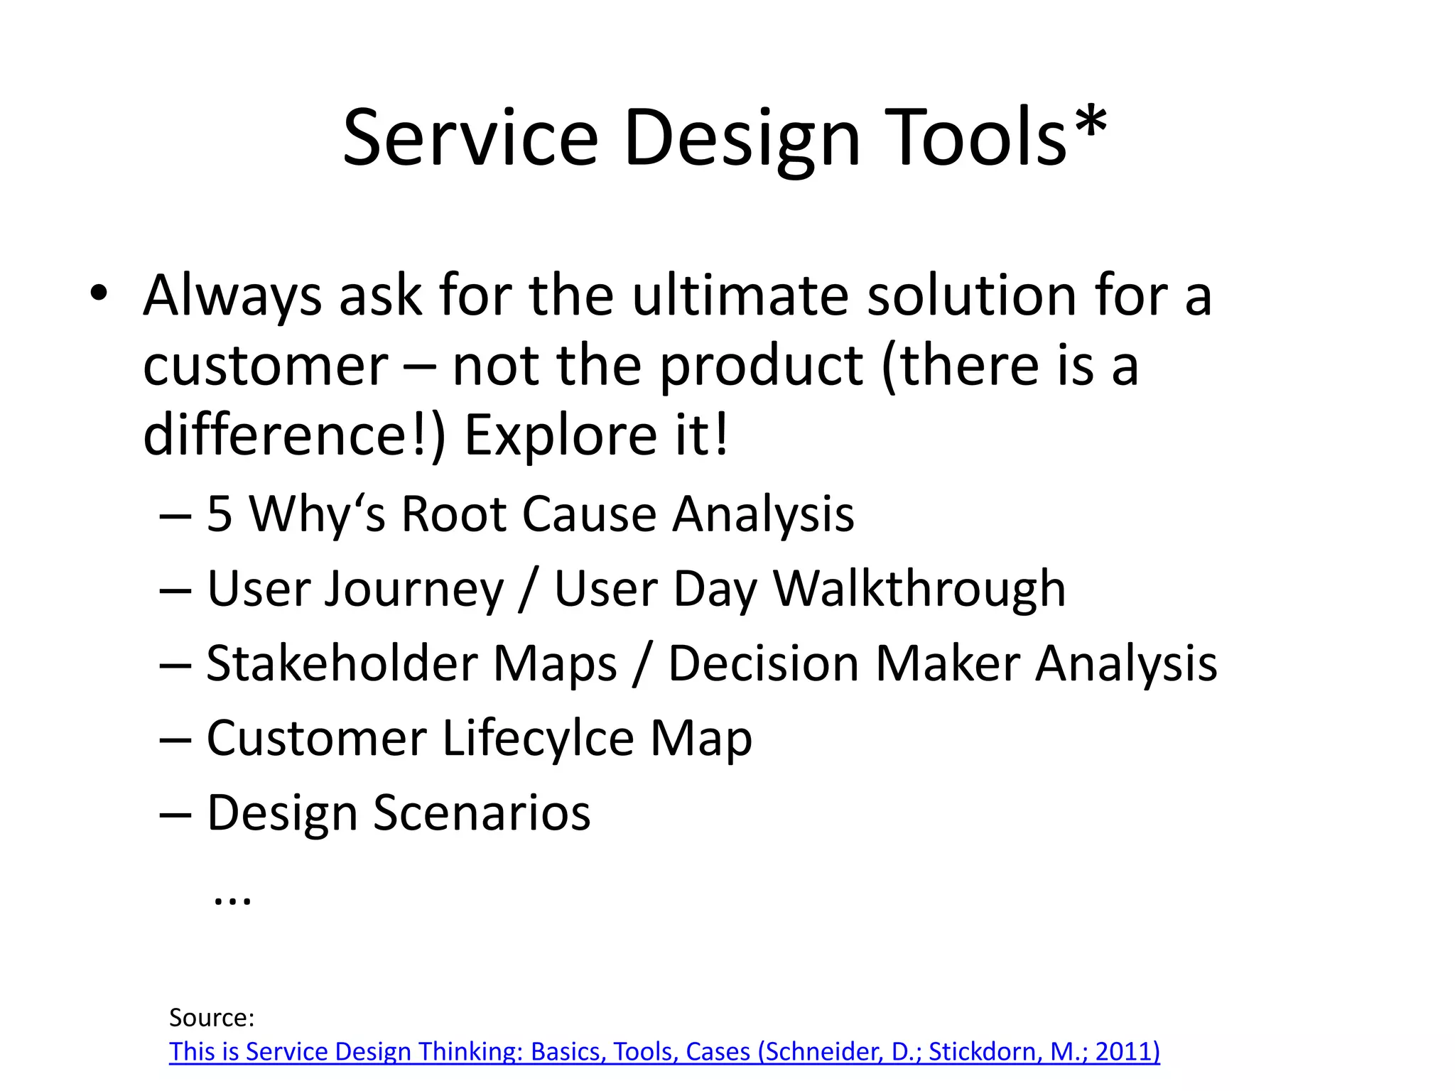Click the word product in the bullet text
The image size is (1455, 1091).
761,368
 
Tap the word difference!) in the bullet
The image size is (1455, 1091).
294,435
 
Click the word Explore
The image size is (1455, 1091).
561,436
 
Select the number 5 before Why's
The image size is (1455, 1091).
220,514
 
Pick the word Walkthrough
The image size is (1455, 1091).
919,590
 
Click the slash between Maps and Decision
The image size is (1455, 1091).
642,665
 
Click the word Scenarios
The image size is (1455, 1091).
482,813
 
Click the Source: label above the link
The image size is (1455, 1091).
212,1018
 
